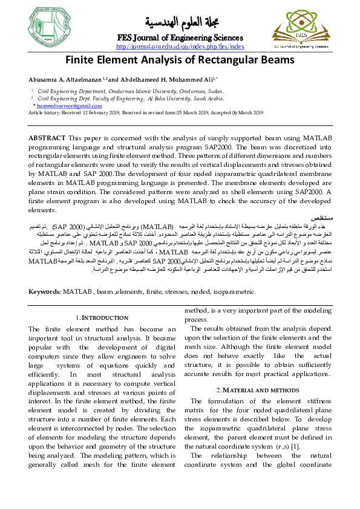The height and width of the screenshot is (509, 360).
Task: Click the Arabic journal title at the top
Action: (180, 22)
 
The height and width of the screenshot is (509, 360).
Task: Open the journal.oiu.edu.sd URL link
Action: (180, 47)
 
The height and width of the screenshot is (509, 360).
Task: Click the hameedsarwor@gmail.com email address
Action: (64, 106)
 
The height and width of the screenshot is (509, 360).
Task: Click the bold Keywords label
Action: (44, 291)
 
